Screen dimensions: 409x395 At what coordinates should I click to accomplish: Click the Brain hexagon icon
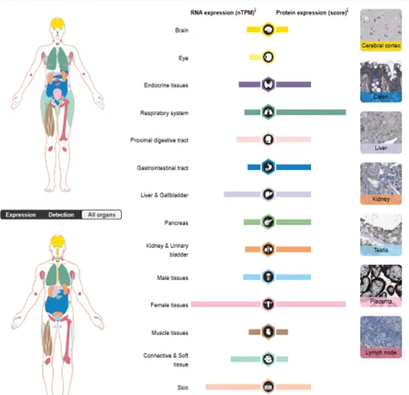tap(268, 30)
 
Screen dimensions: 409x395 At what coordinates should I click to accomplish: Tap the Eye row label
tap(183, 58)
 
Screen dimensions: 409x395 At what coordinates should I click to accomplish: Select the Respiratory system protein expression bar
tap(311, 112)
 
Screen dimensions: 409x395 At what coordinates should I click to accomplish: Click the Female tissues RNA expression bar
tap(226, 304)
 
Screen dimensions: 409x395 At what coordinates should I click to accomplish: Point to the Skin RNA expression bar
tap(233, 387)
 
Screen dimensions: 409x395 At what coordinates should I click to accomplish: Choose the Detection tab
tap(61, 215)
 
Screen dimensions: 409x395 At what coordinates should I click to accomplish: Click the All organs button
tap(102, 215)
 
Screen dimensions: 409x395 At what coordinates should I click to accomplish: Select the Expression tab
tap(21, 215)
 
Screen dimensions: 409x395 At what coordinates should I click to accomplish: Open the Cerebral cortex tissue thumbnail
tap(381, 30)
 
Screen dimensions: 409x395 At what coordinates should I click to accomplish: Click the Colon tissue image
tap(381, 81)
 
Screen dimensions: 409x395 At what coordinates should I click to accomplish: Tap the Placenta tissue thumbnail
tap(381, 286)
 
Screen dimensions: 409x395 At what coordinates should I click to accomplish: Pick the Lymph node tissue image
tap(381, 337)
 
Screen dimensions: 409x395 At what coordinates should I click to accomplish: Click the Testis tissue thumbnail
tap(381, 235)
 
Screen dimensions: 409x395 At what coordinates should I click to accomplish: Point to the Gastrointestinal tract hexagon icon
tap(268, 167)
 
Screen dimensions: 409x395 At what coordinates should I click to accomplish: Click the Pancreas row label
tap(176, 222)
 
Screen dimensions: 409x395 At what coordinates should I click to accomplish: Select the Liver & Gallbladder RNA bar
tap(242, 195)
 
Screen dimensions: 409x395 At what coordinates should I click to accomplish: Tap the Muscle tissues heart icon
tap(268, 332)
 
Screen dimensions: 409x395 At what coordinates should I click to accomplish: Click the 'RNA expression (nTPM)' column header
tap(223, 13)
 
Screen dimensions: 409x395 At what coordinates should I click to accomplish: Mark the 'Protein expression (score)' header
tap(312, 12)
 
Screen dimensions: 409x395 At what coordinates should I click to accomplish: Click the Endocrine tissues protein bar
tap(293, 85)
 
